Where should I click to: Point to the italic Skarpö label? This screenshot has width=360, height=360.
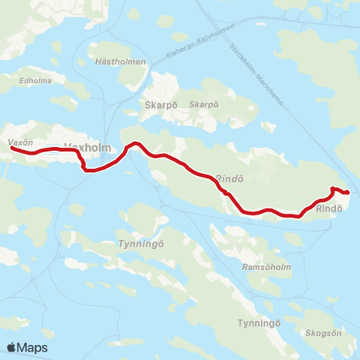203,104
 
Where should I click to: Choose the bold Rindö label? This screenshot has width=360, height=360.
329,208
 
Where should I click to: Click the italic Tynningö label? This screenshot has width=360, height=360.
136,244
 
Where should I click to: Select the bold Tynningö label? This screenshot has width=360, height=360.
259,322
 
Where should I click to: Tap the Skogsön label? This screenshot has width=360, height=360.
324,331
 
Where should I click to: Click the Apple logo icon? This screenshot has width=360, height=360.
12,347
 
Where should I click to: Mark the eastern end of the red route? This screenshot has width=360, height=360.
346,193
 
